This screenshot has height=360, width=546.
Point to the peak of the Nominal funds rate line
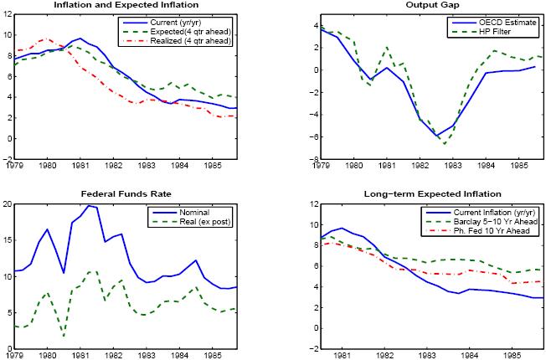pyautogui.click(x=88, y=205)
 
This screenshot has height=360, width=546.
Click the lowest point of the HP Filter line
pyautogui.click(x=445, y=144)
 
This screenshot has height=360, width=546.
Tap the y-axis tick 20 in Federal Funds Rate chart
pyautogui.click(x=9, y=203)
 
